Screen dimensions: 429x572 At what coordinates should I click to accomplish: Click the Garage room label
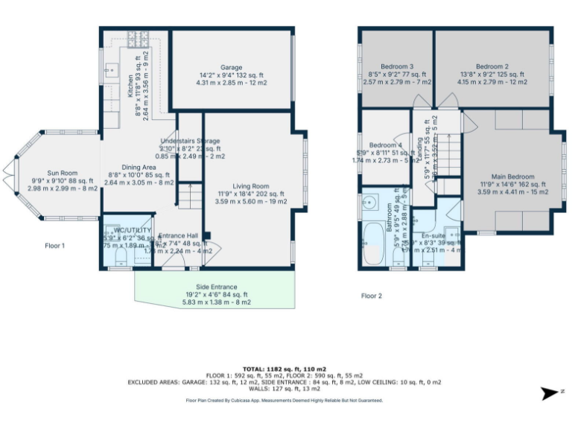pyautogui.click(x=231, y=67)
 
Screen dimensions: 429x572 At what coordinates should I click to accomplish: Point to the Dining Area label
pyautogui.click(x=139, y=168)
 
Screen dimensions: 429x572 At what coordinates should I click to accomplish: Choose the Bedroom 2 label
pyautogui.click(x=492, y=66)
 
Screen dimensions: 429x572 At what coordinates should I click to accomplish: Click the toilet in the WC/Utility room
pyautogui.click(x=121, y=258)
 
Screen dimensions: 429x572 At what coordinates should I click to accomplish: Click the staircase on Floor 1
pyautogui.click(x=189, y=196)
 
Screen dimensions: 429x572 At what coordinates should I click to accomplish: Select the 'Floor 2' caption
pyautogui.click(x=372, y=296)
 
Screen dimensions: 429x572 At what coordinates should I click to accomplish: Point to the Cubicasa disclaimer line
pyautogui.click(x=285, y=401)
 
